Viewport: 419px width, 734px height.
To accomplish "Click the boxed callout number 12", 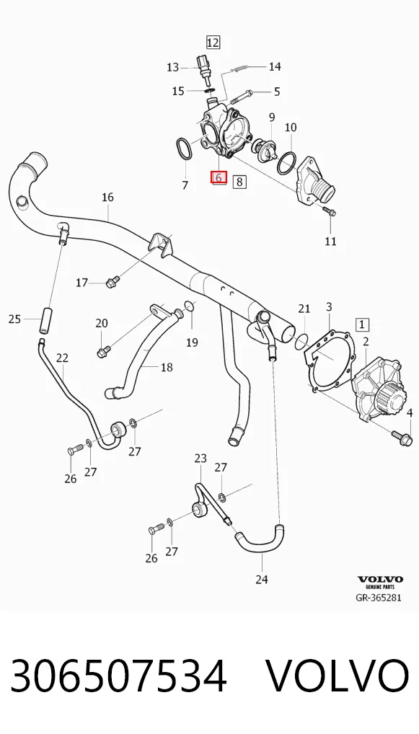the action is tap(213, 43).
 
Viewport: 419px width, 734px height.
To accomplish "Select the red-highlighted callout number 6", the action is tap(219, 177).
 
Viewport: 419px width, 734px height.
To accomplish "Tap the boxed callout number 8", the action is tap(239, 181).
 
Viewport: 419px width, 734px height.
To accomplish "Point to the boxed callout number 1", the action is tap(362, 324).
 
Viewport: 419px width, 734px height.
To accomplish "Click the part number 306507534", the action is tap(118, 676).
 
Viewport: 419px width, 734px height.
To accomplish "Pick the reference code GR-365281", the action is tap(379, 597).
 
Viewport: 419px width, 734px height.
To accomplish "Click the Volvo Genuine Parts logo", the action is tap(380, 582).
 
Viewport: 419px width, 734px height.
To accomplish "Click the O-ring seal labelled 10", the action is tap(286, 162).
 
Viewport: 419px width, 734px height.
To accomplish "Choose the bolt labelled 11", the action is tap(329, 211).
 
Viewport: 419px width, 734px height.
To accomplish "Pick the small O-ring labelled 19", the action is tap(189, 306).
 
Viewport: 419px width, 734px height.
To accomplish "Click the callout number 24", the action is tap(262, 579).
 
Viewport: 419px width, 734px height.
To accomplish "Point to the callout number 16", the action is tap(107, 197).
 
